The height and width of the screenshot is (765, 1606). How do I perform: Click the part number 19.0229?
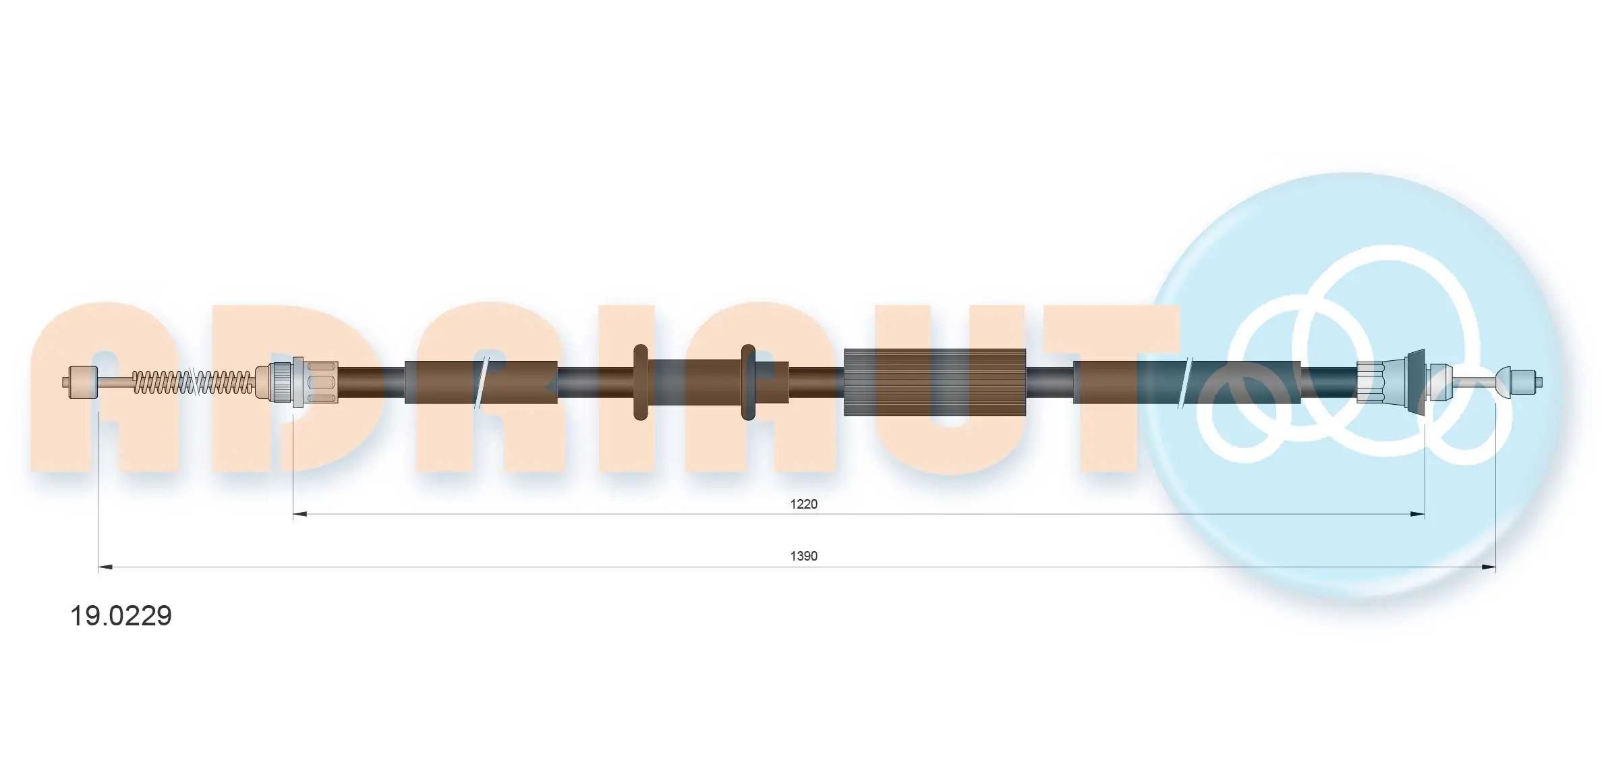(x=121, y=615)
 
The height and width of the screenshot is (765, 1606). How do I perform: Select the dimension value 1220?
(x=803, y=504)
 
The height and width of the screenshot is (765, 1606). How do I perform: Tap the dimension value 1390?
(x=803, y=556)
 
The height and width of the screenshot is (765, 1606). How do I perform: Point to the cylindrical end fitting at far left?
(x=83, y=382)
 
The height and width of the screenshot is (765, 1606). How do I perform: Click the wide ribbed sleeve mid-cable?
(x=934, y=382)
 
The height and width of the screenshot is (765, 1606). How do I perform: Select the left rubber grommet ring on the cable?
(x=641, y=382)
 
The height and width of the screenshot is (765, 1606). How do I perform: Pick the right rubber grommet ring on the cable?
(x=747, y=382)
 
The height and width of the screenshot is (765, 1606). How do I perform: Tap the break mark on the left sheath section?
(x=481, y=382)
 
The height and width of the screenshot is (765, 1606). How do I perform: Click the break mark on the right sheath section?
(x=1185, y=382)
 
